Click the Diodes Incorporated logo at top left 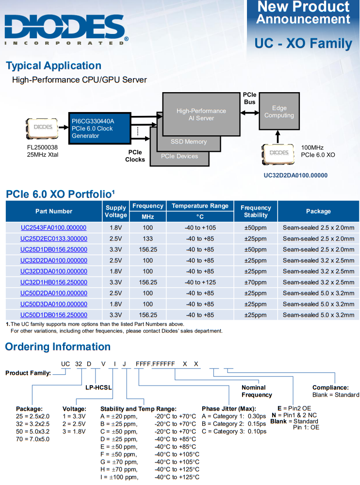[66, 29]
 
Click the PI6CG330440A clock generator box [99, 128]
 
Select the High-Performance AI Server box [201, 114]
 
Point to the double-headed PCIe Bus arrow [250, 112]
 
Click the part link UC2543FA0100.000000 [53, 227]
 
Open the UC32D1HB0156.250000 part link [53, 282]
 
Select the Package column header [318, 211]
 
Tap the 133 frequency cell [148, 239]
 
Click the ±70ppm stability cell [256, 282]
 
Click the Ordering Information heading [58, 347]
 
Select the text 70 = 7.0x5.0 [33, 439]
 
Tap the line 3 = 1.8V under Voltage [74, 431]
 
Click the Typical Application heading [53, 66]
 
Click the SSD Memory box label [189, 142]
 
